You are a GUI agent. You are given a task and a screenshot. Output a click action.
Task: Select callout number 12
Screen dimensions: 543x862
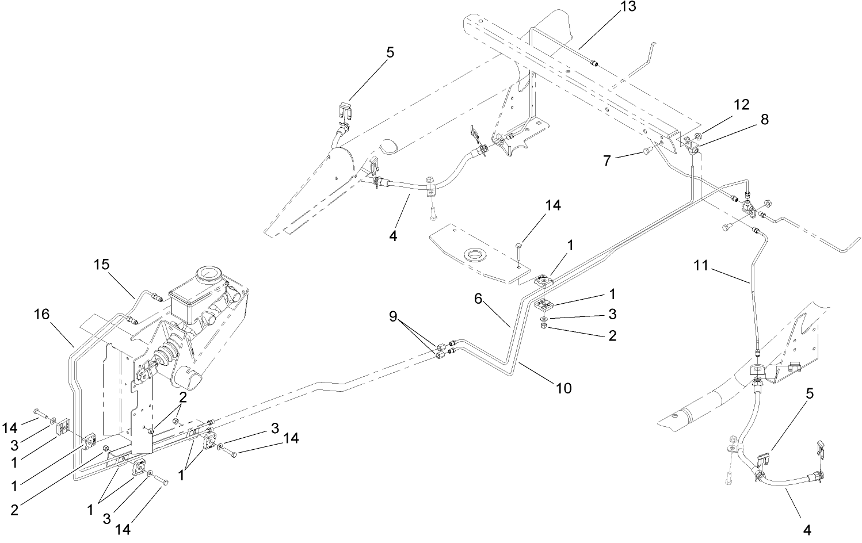tap(742, 105)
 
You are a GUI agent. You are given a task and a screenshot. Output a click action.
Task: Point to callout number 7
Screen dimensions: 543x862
tap(607, 160)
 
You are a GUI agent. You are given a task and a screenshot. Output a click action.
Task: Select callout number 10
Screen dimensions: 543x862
tap(564, 388)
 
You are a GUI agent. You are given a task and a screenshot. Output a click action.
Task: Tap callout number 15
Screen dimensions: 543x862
tap(102, 265)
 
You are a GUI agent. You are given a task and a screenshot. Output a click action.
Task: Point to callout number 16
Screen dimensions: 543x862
tap(41, 314)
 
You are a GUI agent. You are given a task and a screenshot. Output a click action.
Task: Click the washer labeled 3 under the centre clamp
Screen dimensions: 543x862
tap(544, 318)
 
